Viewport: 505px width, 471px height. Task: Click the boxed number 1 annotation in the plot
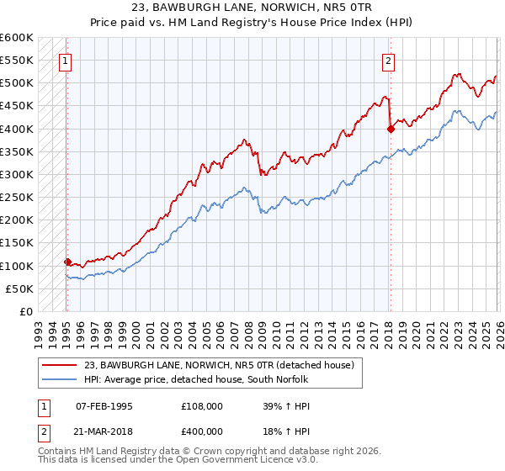pyautogui.click(x=66, y=61)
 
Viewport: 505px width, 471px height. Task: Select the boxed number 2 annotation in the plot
pyautogui.click(x=388, y=61)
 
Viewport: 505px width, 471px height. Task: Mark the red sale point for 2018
pyautogui.click(x=391, y=129)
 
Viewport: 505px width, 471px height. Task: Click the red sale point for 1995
pyautogui.click(x=67, y=262)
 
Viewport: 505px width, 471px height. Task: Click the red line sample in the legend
pyautogui.click(x=59, y=364)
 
